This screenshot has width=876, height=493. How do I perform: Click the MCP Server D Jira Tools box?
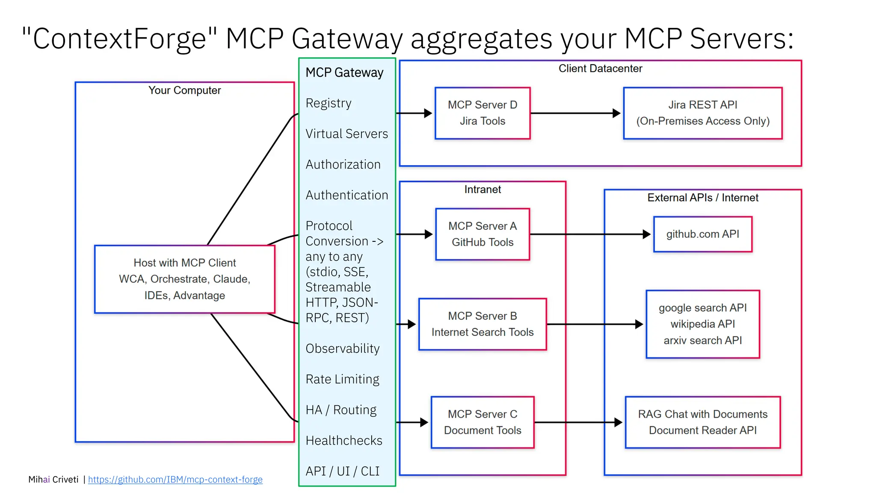coord(482,113)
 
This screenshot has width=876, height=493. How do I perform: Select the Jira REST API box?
coord(702,113)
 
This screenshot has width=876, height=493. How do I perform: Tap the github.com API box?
coord(702,234)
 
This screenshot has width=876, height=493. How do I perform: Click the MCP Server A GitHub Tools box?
coord(482,234)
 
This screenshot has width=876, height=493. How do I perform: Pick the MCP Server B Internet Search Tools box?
coord(482,324)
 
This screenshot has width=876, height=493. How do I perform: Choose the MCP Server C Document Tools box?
coord(482,422)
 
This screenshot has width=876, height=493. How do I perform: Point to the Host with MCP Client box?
coord(184,279)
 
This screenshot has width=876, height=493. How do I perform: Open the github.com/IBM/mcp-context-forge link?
coord(175,479)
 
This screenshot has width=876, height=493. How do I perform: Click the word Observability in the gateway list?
coord(343,348)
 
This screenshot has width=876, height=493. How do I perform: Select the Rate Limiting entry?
coord(343,379)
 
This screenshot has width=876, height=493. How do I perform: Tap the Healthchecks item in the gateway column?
coord(344,440)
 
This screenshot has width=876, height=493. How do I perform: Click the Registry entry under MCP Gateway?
coord(328,103)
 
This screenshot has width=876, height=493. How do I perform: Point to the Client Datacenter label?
coord(600,68)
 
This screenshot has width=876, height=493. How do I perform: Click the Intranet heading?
coord(482,190)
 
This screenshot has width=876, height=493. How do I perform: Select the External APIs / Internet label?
coord(702,198)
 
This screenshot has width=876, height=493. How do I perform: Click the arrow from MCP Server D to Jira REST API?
coord(575,113)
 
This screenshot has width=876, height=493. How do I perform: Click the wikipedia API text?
coord(702,324)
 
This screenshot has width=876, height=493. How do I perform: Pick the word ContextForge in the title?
coord(120,39)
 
